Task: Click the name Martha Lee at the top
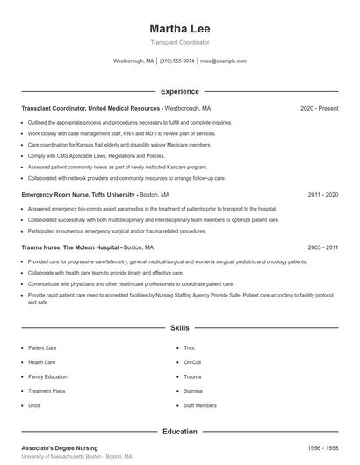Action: coord(179,29)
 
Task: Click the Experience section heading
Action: coord(180,91)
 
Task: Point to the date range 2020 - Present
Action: coord(319,108)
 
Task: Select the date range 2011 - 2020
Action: coord(322,193)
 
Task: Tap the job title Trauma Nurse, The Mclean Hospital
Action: coord(70,248)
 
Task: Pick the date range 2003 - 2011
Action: coord(322,248)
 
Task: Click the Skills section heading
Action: coord(180,327)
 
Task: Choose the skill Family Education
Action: coord(47,376)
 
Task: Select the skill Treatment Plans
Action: coord(47,391)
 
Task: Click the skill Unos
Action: coord(34,405)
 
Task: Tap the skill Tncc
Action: coord(190,347)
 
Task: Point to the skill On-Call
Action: coord(192,361)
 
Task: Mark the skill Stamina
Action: coord(193,391)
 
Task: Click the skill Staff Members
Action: coord(200,405)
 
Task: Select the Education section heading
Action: coord(180,432)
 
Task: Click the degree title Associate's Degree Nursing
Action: coord(60,448)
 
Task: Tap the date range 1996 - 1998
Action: coord(322,448)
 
